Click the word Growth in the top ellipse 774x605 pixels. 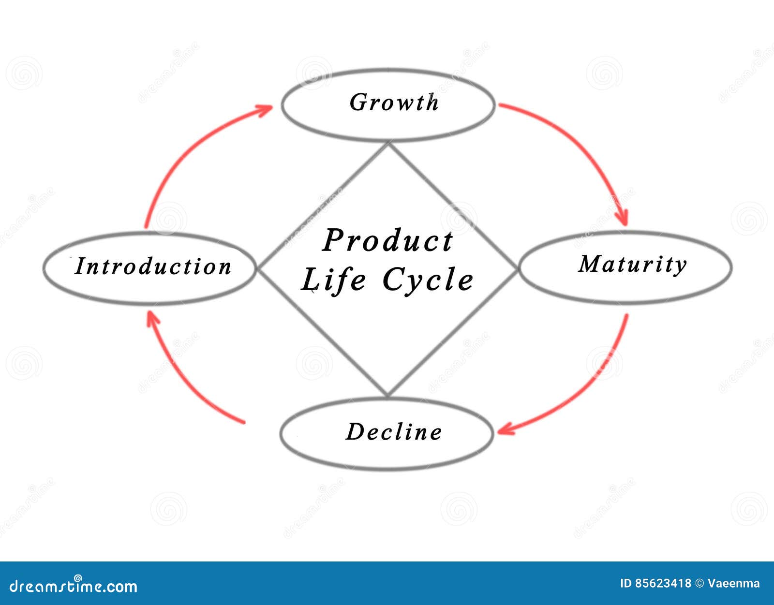(394, 103)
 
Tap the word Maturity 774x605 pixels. (632, 265)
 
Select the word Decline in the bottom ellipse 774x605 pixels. (394, 432)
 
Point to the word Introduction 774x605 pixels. (153, 266)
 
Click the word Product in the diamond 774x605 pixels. (387, 240)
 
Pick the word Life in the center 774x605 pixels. (333, 280)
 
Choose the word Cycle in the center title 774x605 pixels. (428, 280)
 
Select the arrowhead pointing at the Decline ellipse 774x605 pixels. (504, 429)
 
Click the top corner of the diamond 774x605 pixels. (388, 144)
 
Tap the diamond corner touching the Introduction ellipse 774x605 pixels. (258, 269)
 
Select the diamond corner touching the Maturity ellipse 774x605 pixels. (517, 269)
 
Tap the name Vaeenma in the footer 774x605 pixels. (734, 584)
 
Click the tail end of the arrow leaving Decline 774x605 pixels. (243, 423)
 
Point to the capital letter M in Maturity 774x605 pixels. (590, 264)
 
